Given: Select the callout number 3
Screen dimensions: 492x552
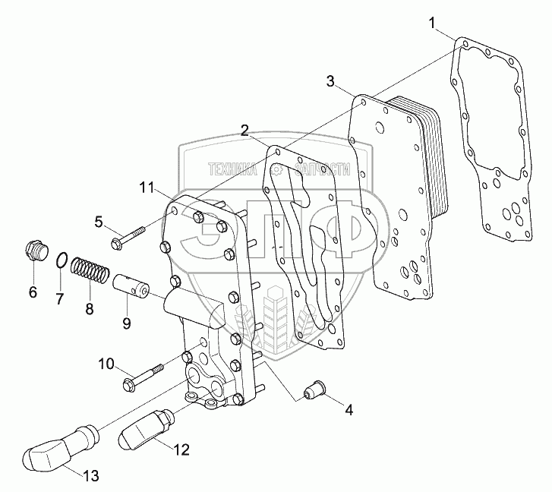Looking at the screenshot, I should pyautogui.click(x=331, y=80).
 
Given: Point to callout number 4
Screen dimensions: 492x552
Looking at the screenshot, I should pyautogui.click(x=349, y=411).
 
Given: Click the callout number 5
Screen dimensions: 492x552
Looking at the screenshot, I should pyautogui.click(x=99, y=221).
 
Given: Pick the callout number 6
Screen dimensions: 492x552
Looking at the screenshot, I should pyautogui.click(x=33, y=292).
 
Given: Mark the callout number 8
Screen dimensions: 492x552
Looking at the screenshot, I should pyautogui.click(x=89, y=308).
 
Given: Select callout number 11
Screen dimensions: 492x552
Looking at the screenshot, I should pyautogui.click(x=147, y=186).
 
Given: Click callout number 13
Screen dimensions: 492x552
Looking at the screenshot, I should pyautogui.click(x=90, y=476).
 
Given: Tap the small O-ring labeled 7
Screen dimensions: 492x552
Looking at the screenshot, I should pyautogui.click(x=63, y=261).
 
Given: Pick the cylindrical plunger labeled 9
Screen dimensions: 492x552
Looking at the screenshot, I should pyautogui.click(x=132, y=289).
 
